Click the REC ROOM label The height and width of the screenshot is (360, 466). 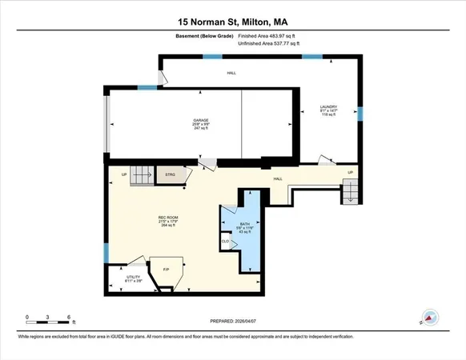tap(167, 220)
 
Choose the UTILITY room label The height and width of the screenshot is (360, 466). tap(133, 277)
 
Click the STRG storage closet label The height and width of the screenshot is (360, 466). tap(170, 174)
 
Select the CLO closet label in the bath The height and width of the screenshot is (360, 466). tap(226, 239)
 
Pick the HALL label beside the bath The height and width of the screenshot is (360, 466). tap(279, 178)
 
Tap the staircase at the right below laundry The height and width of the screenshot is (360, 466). tap(351, 190)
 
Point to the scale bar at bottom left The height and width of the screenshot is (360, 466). tap(50, 319)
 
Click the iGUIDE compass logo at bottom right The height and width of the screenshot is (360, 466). tap(430, 317)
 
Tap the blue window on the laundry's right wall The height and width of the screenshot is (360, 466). tap(360, 113)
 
